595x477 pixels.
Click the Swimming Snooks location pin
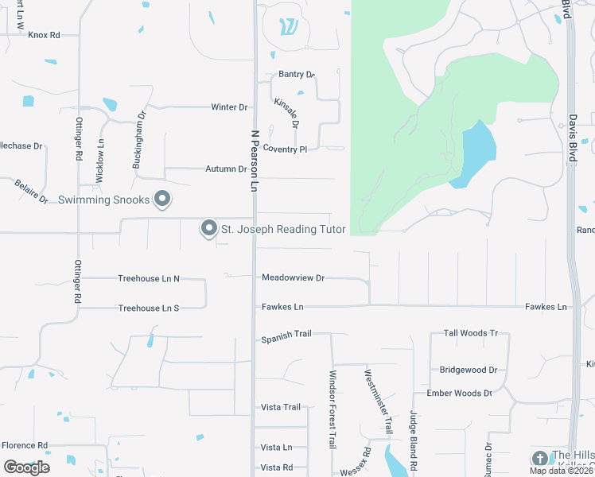(x=162, y=199)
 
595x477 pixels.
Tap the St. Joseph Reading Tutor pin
(x=209, y=229)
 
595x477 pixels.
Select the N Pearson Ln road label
(x=255, y=161)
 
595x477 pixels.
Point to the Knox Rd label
(x=44, y=35)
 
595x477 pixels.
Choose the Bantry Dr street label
(x=297, y=75)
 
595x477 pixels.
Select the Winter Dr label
(x=229, y=107)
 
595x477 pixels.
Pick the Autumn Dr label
(x=226, y=169)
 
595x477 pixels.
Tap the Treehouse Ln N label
(x=149, y=279)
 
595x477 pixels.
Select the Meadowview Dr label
(x=294, y=278)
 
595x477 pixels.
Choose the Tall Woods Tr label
(x=471, y=334)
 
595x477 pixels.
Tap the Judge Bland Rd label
(x=414, y=439)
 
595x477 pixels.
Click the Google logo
(x=26, y=467)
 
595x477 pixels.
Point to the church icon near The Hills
(x=540, y=459)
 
